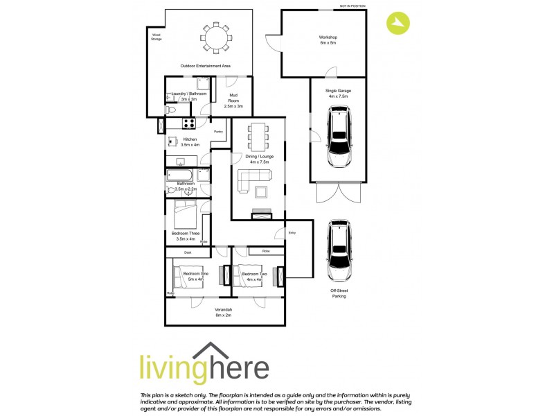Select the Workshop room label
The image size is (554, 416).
coord(328,40)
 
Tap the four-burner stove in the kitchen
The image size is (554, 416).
coord(187,124)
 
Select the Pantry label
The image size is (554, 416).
coord(217,130)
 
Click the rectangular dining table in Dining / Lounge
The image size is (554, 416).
coord(258,137)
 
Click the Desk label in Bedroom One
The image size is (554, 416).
coord(188,252)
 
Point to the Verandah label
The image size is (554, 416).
coord(223,311)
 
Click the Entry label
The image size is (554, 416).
coord(292,232)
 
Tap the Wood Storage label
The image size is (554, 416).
coord(156,37)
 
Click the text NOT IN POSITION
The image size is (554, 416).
coord(352,6)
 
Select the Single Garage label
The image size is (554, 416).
coord(339,94)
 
